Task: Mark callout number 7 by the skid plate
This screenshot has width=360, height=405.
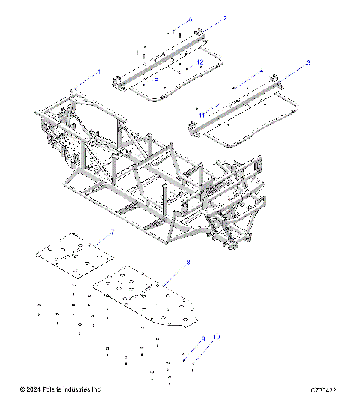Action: point(112,233)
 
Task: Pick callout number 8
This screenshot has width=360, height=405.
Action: point(188,262)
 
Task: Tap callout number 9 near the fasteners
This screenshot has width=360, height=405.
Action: point(202,340)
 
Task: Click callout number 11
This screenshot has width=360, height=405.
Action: point(202,113)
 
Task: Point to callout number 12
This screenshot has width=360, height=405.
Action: point(200,61)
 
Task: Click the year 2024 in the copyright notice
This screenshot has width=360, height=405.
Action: point(34,389)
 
